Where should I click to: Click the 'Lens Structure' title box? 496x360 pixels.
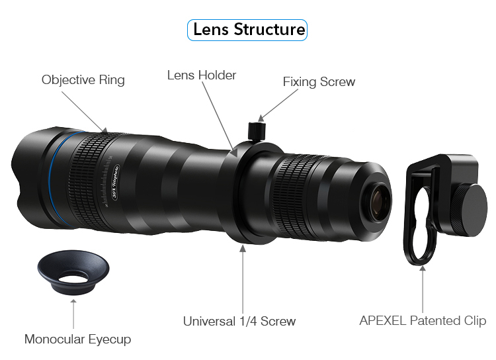pyautogui.click(x=248, y=30)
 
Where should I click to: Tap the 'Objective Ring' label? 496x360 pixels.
pyautogui.click(x=83, y=80)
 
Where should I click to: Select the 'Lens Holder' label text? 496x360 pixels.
pyautogui.click(x=202, y=75)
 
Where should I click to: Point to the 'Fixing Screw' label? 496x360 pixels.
pyautogui.click(x=319, y=82)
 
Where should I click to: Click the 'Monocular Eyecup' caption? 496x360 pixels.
pyautogui.click(x=77, y=339)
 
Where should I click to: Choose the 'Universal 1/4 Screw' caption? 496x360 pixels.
pyautogui.click(x=239, y=322)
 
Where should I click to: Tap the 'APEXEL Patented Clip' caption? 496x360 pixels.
pyautogui.click(x=423, y=321)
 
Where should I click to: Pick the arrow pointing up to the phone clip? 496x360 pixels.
pyautogui.click(x=423, y=288)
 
